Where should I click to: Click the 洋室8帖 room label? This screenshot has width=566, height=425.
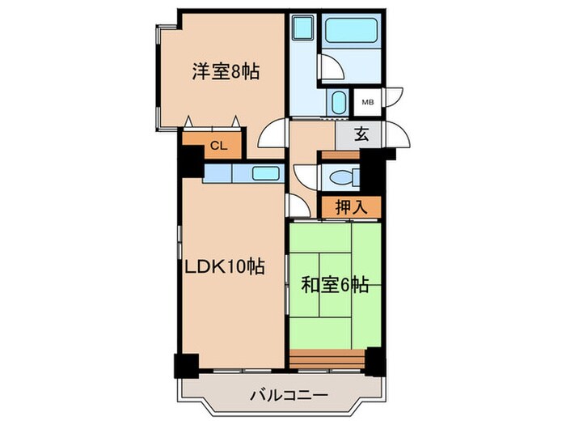226,72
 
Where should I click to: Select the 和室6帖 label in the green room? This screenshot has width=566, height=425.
336,284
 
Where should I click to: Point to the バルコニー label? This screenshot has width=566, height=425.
288,396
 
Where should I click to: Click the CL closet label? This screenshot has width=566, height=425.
217,146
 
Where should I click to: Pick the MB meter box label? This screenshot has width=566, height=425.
367,102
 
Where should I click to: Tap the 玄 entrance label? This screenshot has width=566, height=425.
361,135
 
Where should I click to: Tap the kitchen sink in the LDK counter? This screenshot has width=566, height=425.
265,172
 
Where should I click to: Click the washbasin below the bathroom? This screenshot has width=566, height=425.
338,103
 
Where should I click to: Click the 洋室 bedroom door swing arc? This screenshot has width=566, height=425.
276,132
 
